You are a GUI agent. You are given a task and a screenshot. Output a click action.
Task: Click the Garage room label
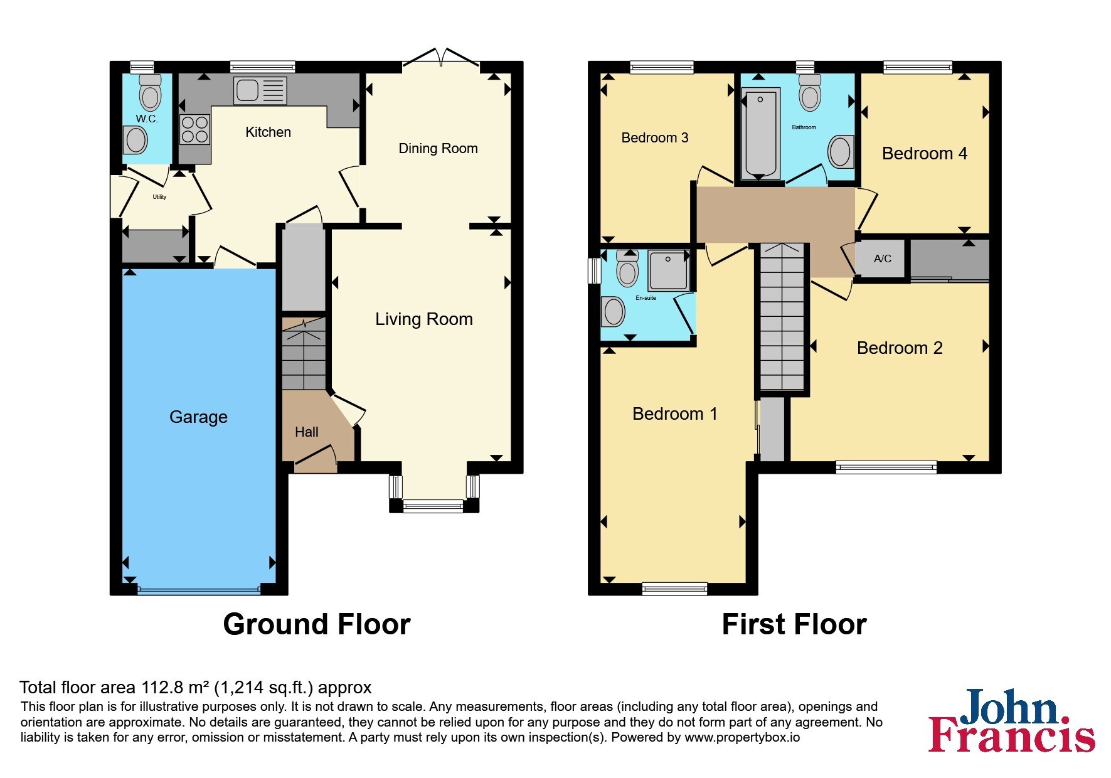point(198,417)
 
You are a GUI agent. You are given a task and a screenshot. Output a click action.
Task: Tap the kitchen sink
point(260,90)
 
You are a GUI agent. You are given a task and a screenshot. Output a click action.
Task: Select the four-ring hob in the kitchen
point(194,129)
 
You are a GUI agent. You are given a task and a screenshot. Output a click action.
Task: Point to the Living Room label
point(424,319)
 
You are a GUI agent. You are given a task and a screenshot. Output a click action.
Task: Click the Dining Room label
point(438,149)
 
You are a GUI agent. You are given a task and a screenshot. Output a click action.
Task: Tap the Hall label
point(307,432)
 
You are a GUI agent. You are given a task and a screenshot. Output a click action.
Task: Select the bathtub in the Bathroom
point(760,134)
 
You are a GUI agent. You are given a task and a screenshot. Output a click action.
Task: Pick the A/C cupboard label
point(883,258)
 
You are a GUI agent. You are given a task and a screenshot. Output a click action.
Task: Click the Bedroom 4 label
point(925,154)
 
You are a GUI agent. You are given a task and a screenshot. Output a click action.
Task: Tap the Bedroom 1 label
point(674,414)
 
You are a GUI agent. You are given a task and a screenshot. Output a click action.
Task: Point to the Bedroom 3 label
point(655,138)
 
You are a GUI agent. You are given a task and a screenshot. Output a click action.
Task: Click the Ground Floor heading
point(317,624)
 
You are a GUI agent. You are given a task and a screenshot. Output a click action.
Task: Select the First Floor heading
point(794,624)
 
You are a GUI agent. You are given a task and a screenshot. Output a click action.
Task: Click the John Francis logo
point(1012,720)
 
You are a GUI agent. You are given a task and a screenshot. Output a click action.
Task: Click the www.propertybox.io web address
point(742,738)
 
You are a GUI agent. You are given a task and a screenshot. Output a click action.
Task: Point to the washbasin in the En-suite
point(613,311)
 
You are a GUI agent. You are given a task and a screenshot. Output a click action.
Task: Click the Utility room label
point(159,197)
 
